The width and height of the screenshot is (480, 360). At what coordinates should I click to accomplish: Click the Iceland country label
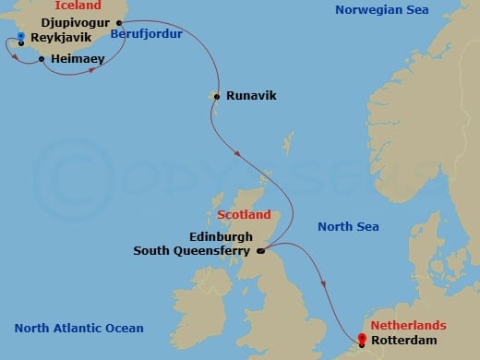point(78,6)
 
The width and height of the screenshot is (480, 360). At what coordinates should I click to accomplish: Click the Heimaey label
point(78,58)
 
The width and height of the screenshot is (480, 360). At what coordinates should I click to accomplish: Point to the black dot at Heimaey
point(42,59)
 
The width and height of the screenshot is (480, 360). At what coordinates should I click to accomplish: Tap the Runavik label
point(250,95)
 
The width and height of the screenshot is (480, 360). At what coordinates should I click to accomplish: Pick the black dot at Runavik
point(216,95)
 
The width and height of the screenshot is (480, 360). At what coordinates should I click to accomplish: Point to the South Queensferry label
point(193,249)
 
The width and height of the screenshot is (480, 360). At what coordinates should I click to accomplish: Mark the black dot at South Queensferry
point(260,250)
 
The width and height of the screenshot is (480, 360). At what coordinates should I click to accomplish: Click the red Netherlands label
point(407,326)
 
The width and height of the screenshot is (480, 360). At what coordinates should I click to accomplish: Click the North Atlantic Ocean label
point(79,329)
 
